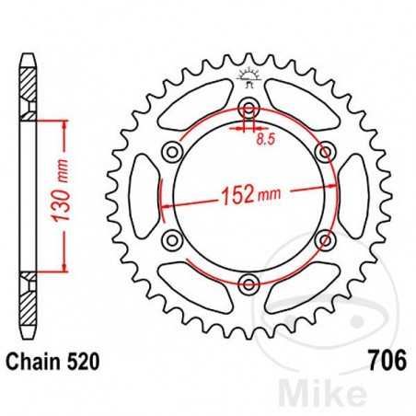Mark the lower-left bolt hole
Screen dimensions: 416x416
[170, 238]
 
